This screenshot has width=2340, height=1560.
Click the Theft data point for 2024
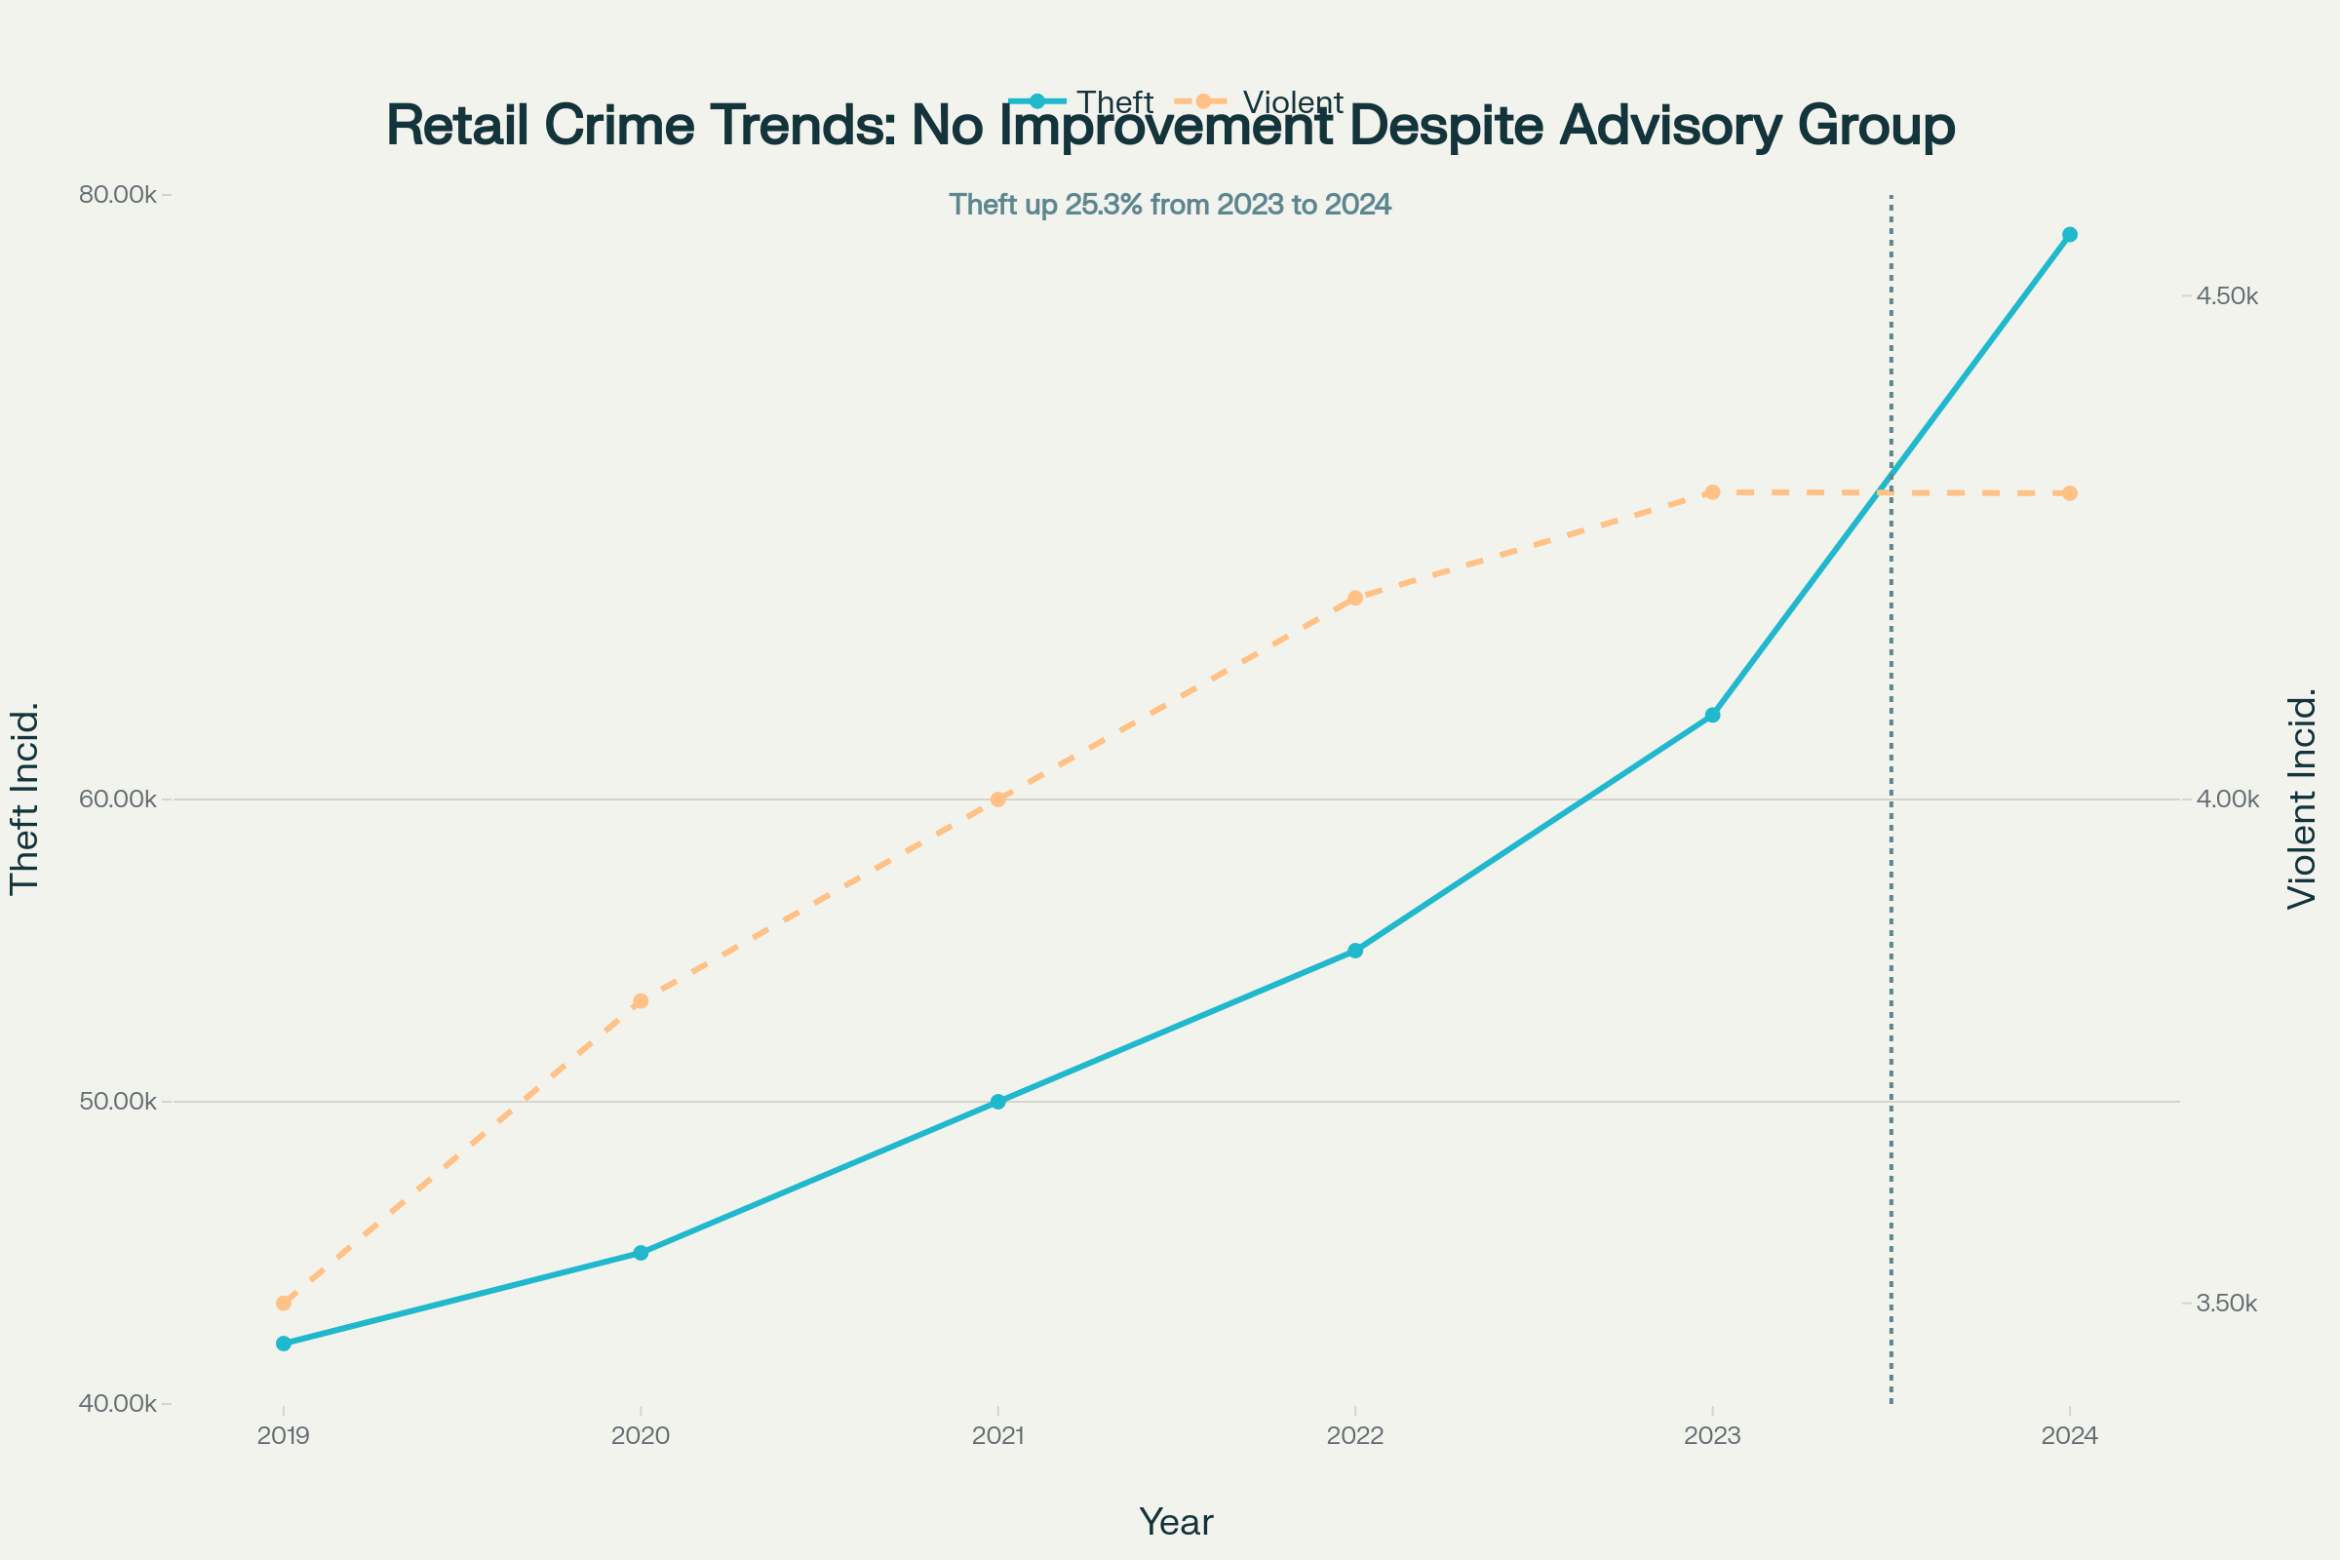(x=2069, y=235)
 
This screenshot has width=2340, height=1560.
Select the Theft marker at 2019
(x=284, y=1344)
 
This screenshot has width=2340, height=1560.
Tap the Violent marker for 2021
(x=997, y=799)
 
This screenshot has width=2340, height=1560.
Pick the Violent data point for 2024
(x=2069, y=493)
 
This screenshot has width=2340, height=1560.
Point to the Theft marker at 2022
(x=1355, y=950)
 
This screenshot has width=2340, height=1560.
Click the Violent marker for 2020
(x=641, y=1001)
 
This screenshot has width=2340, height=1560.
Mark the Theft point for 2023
(x=1712, y=716)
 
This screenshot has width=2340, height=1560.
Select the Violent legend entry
(x=1262, y=102)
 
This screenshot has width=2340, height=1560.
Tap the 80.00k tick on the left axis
(x=117, y=194)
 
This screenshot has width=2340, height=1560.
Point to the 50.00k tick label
(x=117, y=1102)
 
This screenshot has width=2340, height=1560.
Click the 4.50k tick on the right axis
(x=2227, y=296)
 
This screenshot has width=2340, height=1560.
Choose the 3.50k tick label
(x=2227, y=1304)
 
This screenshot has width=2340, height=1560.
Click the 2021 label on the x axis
(x=997, y=1435)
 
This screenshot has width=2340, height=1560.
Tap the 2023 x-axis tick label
(x=1712, y=1435)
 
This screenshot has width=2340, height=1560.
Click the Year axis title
(x=1175, y=1522)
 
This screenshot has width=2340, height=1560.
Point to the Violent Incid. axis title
(x=2302, y=799)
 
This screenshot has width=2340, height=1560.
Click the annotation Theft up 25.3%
(x=1170, y=205)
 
